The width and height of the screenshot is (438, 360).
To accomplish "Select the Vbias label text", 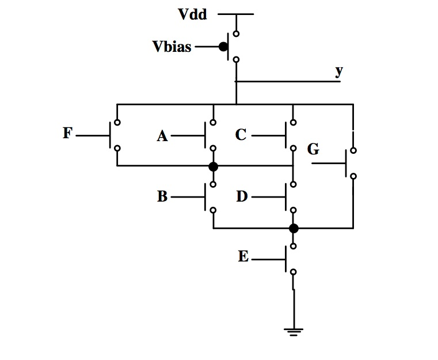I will pos(172,47).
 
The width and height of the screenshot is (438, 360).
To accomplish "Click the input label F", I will pos(68,134).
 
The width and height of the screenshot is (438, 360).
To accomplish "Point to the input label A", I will pos(162,136).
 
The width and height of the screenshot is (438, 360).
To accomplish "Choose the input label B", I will pos(162,196).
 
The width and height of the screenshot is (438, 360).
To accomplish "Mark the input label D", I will pos(242,196).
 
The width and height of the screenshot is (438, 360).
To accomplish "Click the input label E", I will pos(243,257).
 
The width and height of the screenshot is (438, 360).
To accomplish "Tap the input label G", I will pos(313,150).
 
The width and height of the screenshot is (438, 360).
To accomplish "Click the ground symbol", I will pos(293,331).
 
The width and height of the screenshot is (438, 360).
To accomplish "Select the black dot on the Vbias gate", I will pos(223,46).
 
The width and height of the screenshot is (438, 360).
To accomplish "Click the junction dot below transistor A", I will pos(213,166).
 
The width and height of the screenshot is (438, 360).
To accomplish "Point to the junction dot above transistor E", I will pos(294,228).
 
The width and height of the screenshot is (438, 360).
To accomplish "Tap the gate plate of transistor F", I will pos(110,135).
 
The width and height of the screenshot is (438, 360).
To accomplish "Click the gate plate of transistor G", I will pos(347,164).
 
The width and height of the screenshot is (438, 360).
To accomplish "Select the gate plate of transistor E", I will pos(286,259).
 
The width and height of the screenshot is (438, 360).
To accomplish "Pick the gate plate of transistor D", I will pos(286,197).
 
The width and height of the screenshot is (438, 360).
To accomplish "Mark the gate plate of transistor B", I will pos(206,197).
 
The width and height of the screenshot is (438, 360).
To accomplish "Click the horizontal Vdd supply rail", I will pos(235,14).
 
